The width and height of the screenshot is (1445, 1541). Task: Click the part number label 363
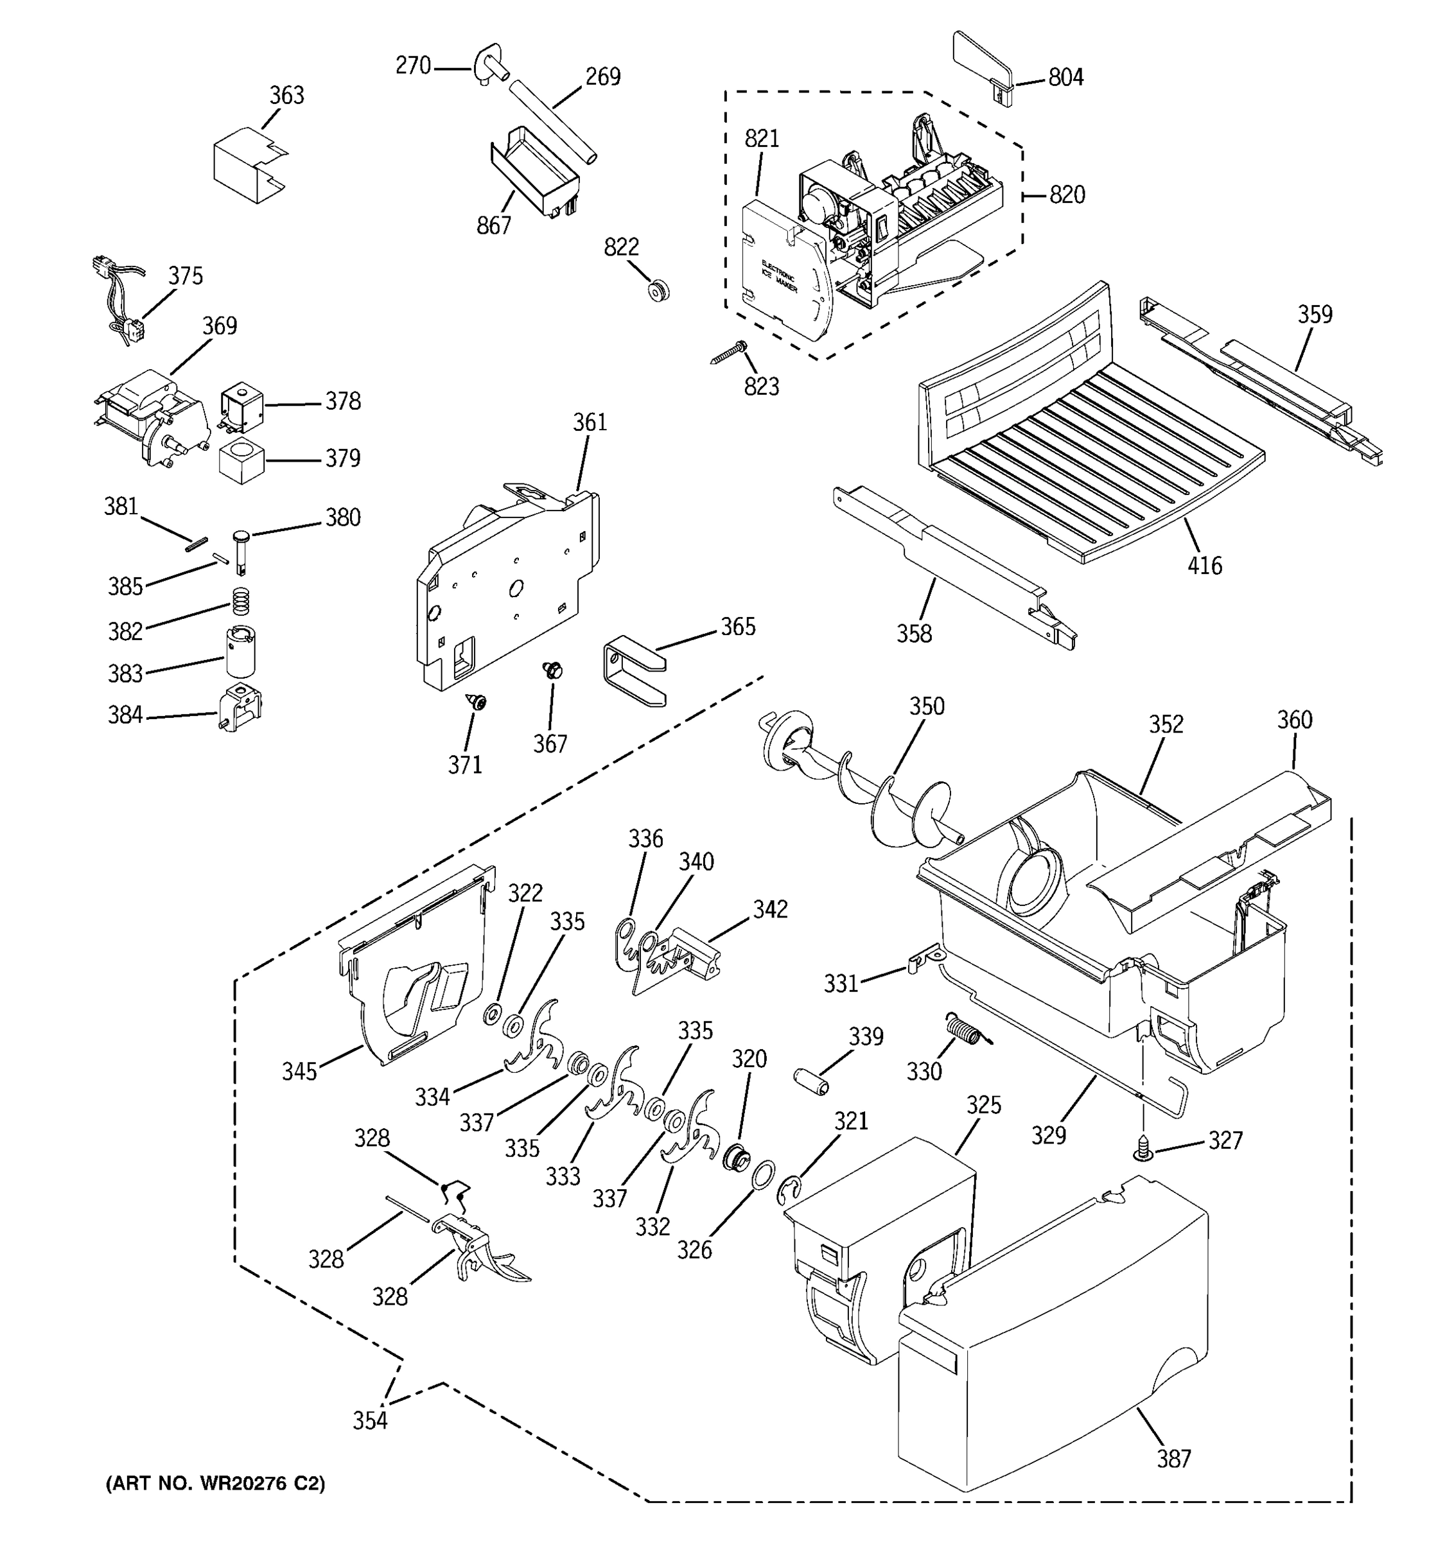[x=286, y=95]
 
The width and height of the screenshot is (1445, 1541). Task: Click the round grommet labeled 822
[x=658, y=292]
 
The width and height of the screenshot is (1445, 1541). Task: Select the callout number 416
[x=1204, y=566]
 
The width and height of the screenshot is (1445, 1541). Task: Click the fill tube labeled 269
[x=554, y=124]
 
